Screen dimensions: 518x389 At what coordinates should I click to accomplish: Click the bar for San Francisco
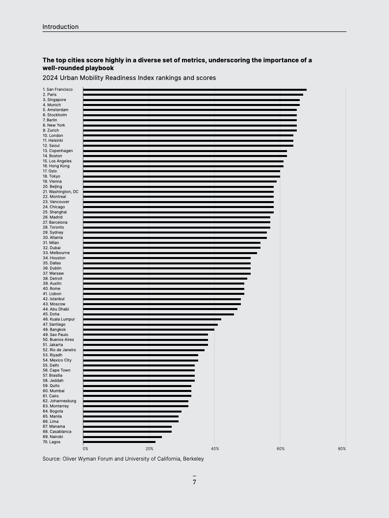(x=195, y=90)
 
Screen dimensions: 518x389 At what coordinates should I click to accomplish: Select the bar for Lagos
(x=119, y=442)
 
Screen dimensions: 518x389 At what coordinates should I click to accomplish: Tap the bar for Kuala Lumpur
(x=152, y=319)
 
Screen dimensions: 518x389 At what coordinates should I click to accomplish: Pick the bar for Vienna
(x=180, y=181)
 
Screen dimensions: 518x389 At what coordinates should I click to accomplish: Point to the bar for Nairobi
(x=123, y=437)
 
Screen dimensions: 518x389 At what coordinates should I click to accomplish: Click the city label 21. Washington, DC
(x=60, y=192)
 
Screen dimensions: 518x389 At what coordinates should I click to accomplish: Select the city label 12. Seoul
(x=51, y=146)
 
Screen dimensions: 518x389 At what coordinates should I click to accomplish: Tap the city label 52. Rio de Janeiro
(x=59, y=350)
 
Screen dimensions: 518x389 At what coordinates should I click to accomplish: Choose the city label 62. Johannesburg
(x=59, y=401)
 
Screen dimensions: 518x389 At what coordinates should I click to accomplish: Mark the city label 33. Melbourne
(x=56, y=253)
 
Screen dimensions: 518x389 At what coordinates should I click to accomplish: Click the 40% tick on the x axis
(x=215, y=449)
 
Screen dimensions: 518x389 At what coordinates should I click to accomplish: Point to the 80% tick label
(x=342, y=449)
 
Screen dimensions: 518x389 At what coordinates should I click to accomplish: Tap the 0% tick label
(x=85, y=449)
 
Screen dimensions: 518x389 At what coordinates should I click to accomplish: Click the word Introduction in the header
(x=60, y=27)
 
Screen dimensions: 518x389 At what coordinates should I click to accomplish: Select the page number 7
(x=194, y=482)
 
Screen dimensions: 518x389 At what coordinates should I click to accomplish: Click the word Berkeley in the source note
(x=192, y=459)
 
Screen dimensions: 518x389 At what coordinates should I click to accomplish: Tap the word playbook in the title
(x=98, y=68)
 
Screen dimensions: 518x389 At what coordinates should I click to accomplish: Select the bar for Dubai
(x=172, y=248)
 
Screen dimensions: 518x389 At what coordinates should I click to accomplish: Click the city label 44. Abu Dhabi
(x=56, y=309)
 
